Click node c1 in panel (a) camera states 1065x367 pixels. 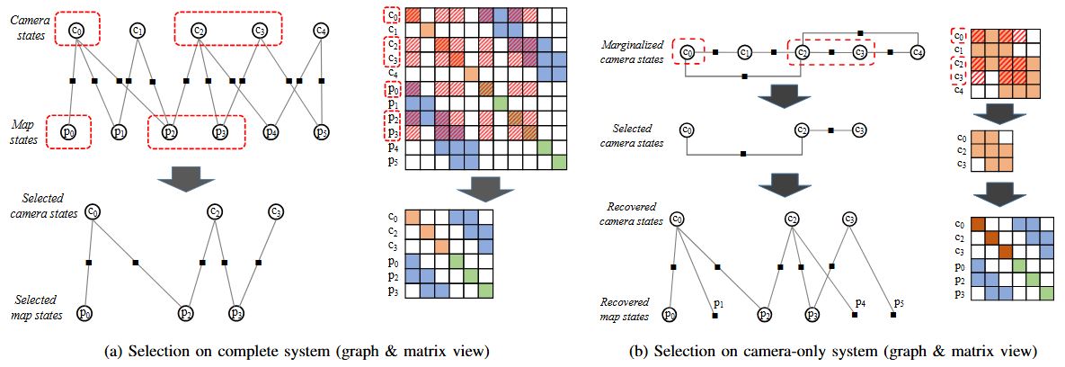(138, 31)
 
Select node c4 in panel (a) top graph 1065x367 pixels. (321, 31)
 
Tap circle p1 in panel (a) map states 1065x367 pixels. (119, 132)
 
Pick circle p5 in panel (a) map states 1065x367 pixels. (321, 132)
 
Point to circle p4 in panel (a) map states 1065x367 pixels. (271, 132)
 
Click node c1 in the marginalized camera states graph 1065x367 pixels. (744, 52)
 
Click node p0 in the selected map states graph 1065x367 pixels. (84, 314)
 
